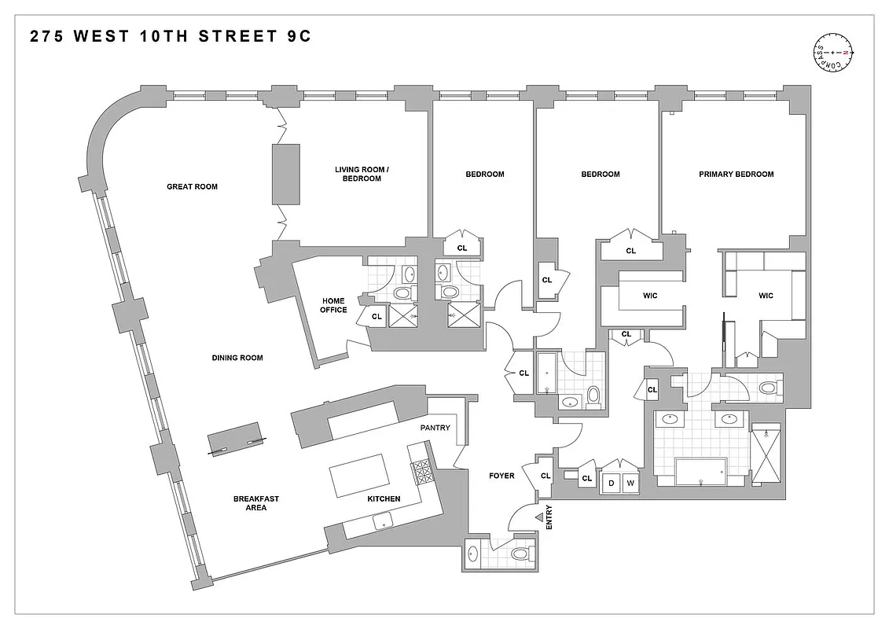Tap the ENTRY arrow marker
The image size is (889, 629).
[540, 517]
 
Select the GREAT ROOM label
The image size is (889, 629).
[192, 187]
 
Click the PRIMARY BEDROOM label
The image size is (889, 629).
[736, 175]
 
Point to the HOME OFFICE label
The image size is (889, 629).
[333, 305]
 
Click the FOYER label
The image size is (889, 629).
[501, 476]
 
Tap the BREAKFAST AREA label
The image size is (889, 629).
[255, 503]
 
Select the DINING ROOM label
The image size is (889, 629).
[237, 358]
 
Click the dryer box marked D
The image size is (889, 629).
[611, 483]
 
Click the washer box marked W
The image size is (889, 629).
[630, 483]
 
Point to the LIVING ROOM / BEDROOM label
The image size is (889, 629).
[358, 174]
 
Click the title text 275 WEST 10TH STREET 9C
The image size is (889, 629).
[171, 37]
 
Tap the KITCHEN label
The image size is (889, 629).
[384, 498]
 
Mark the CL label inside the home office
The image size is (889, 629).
[376, 317]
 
